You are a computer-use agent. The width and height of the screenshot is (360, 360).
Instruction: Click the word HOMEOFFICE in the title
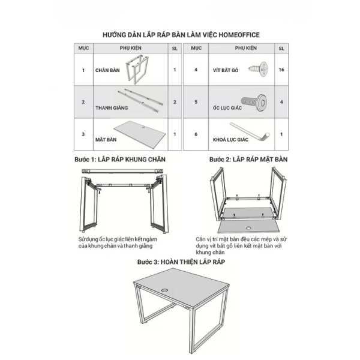(239, 35)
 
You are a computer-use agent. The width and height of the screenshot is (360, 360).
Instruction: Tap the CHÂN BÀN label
(107, 70)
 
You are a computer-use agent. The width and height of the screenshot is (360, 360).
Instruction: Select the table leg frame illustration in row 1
(137, 69)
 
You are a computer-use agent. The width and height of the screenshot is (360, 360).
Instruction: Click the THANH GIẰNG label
(112, 107)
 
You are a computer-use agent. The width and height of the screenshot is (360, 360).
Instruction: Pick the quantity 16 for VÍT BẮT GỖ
(281, 70)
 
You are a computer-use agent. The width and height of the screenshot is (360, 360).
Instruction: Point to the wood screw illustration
(259, 68)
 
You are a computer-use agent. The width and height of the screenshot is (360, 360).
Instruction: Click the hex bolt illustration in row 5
(254, 102)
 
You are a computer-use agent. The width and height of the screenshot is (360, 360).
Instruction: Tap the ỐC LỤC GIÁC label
(227, 107)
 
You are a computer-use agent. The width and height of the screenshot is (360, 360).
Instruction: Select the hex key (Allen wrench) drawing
(250, 131)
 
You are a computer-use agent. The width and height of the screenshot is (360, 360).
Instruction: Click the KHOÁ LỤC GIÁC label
(230, 140)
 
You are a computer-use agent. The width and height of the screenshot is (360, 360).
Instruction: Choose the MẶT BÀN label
(106, 140)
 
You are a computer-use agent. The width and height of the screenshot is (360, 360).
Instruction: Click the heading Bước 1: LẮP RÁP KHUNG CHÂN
(120, 160)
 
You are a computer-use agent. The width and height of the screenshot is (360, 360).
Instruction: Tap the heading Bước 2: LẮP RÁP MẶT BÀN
(248, 160)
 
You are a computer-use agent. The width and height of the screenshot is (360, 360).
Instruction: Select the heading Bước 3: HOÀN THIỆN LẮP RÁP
(181, 262)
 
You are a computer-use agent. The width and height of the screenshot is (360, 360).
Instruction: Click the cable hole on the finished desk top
(164, 290)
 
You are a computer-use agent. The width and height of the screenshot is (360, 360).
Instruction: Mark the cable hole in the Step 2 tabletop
(248, 228)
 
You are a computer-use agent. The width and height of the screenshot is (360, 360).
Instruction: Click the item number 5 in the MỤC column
(196, 102)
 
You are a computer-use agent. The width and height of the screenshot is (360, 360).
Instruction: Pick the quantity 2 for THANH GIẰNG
(175, 102)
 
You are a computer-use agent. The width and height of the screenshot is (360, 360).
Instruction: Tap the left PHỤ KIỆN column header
(130, 48)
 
